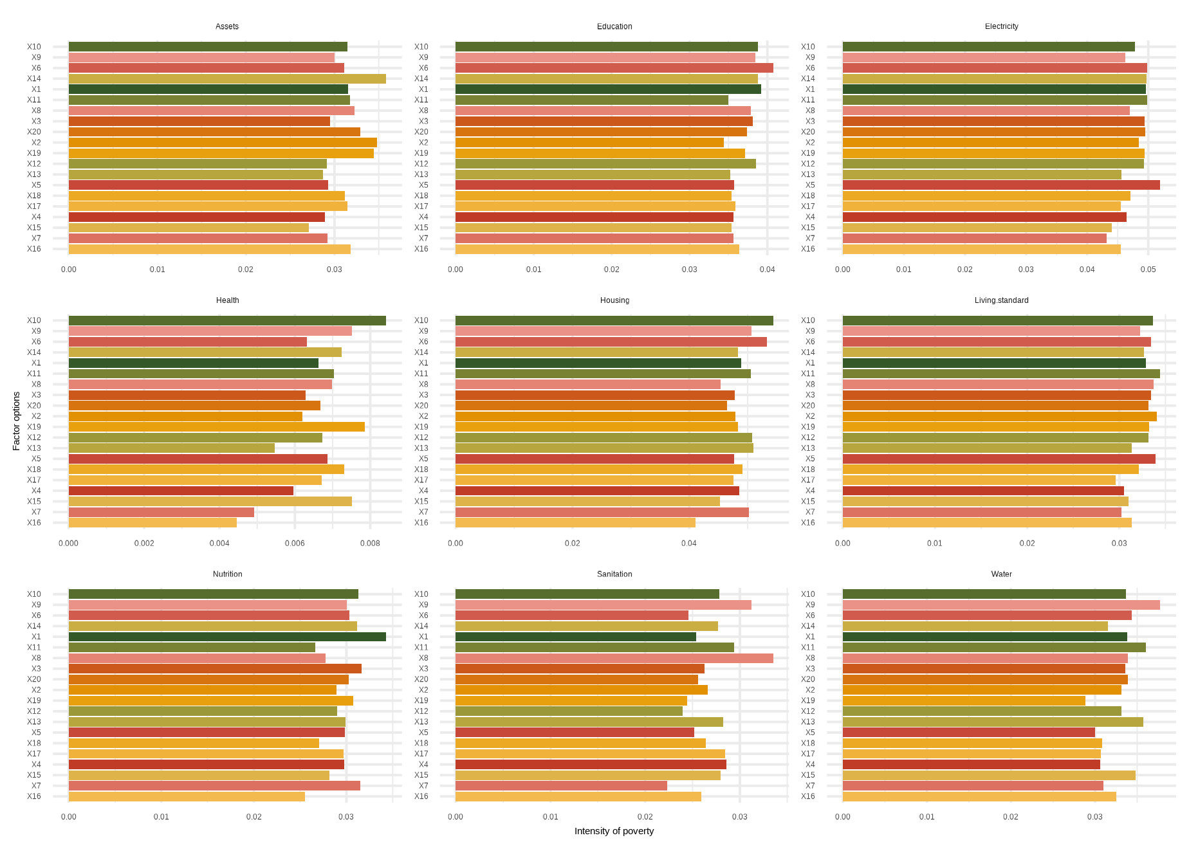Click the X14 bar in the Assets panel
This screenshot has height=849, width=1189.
pos(227,78)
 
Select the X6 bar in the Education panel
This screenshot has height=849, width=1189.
pos(614,68)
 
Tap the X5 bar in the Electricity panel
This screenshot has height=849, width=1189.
pos(1000,185)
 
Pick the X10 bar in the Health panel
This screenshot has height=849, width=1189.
pos(227,321)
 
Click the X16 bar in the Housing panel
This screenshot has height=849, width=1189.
pos(575,523)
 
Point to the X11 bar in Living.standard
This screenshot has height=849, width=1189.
pos(1000,374)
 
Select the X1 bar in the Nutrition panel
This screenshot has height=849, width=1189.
pos(227,637)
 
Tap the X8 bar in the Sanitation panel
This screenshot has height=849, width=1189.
pos(614,658)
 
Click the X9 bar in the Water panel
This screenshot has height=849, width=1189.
pos(1000,605)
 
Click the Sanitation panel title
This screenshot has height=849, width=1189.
pos(614,574)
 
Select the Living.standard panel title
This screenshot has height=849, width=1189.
pos(1001,300)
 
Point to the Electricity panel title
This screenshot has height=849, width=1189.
pos(1001,26)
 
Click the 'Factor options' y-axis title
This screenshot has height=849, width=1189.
pos(17,421)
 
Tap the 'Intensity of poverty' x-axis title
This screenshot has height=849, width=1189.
pos(614,831)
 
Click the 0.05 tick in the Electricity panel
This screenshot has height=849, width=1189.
pos(1148,269)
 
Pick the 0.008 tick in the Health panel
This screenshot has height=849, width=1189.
pos(370,543)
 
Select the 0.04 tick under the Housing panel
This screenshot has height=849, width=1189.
pos(688,543)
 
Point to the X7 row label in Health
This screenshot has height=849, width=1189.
pos(36,512)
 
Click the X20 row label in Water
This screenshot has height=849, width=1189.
pos(807,679)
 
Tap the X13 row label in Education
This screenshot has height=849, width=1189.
pos(421,174)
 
